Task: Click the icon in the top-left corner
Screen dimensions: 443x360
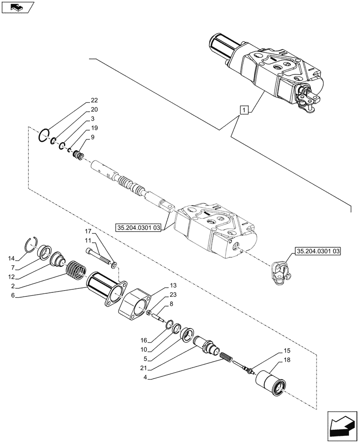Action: click(x=18, y=8)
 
